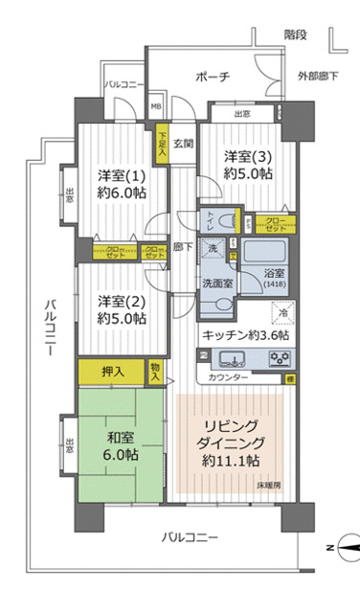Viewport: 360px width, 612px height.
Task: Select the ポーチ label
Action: click(x=211, y=77)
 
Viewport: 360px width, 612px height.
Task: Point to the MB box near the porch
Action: click(x=156, y=107)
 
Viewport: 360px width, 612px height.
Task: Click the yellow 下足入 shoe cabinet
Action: click(x=163, y=144)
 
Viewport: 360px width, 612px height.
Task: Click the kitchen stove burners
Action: click(x=281, y=360)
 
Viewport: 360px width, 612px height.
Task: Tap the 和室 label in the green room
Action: click(x=121, y=448)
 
